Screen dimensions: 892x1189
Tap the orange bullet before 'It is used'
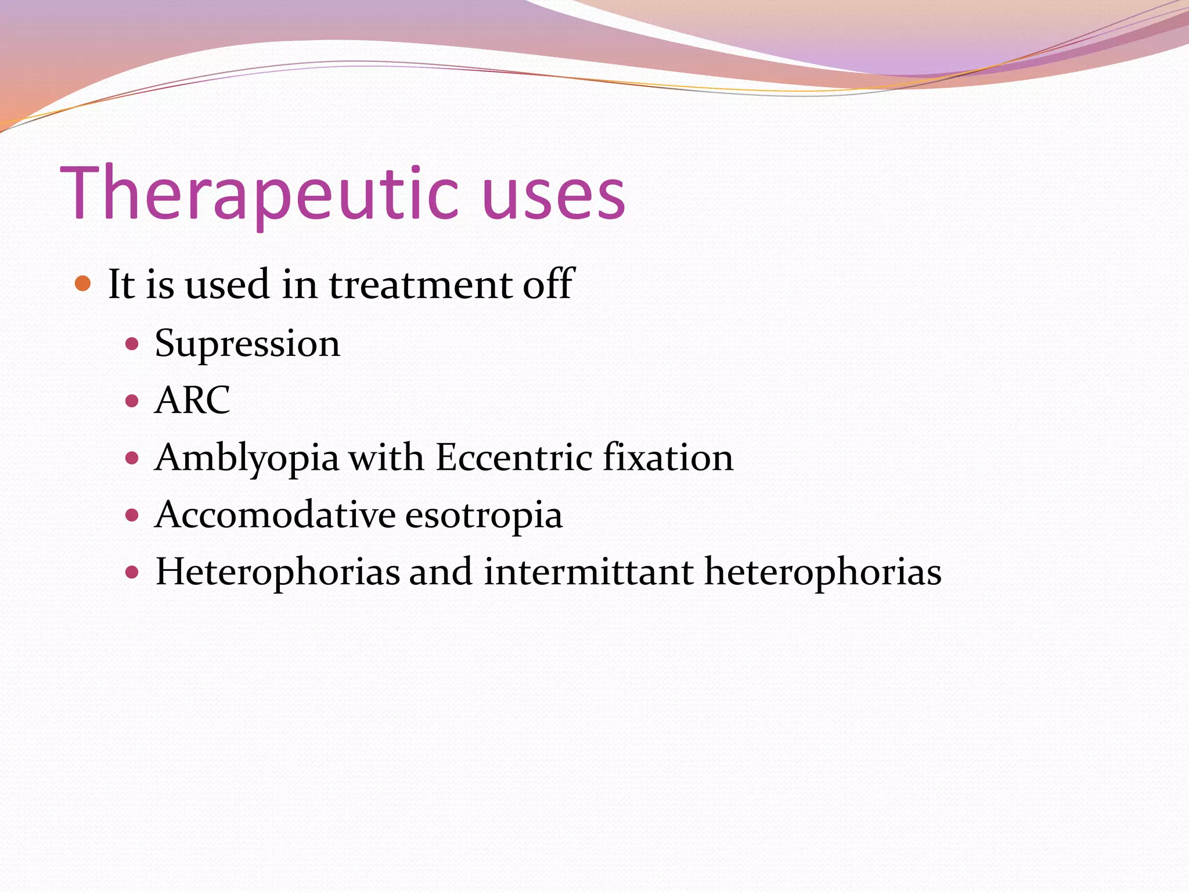[x=84, y=284]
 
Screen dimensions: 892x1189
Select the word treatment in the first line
[x=420, y=285]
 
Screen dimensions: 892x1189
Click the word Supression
[x=247, y=344]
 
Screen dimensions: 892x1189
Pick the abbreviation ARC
[x=192, y=400]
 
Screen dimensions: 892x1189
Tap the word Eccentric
[x=514, y=457]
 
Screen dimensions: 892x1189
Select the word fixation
[x=668, y=457]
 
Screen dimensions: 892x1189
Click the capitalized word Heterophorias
[x=278, y=573]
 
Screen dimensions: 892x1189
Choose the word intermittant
[x=588, y=571]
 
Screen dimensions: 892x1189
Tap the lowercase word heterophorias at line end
[x=823, y=573]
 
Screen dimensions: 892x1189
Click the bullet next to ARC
[x=132, y=401]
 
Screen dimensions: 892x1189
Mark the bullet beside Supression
[x=132, y=344]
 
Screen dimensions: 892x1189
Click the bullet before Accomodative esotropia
[x=132, y=515]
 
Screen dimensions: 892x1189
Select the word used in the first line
[x=227, y=285]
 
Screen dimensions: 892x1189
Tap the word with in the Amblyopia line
[x=386, y=457]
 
